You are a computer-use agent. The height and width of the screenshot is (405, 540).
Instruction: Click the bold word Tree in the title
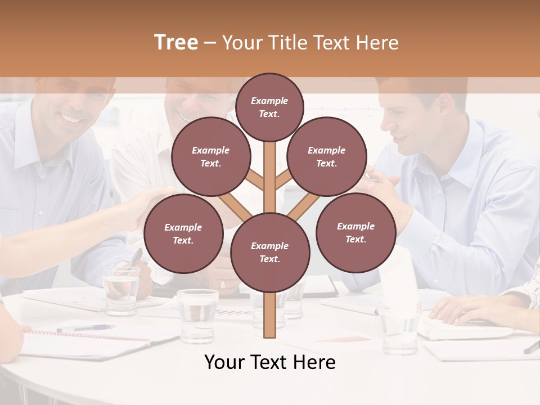click(176, 43)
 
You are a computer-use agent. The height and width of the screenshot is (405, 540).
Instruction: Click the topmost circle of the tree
click(269, 107)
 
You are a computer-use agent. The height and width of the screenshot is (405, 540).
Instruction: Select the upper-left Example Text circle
click(211, 156)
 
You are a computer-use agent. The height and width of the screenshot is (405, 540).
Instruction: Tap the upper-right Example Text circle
click(327, 156)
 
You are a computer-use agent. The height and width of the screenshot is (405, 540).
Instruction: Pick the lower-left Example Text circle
click(183, 233)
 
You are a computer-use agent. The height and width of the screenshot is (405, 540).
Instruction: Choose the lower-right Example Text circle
click(356, 232)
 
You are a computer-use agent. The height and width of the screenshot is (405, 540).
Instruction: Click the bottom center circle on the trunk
click(270, 253)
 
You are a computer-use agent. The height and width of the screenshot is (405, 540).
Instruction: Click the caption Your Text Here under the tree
click(270, 362)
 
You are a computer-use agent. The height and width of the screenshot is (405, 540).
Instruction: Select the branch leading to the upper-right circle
click(283, 181)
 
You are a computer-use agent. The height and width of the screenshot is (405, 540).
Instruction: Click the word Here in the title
click(379, 43)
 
